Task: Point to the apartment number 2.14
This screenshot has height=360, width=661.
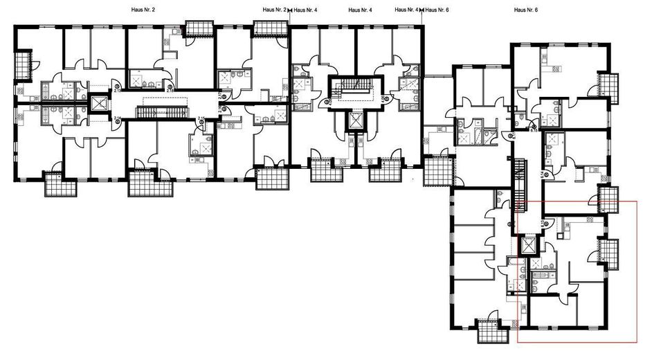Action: (117, 119)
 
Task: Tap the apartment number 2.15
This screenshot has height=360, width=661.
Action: (201, 119)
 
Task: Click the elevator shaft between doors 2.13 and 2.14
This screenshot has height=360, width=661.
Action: (100, 105)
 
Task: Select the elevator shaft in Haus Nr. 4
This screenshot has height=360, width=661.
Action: (356, 119)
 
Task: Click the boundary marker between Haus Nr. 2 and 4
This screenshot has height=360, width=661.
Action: (289, 10)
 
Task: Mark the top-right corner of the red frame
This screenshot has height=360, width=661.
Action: (635, 201)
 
